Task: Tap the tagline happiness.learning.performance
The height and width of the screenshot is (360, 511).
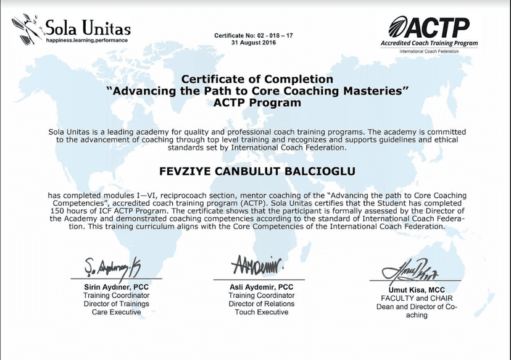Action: (86, 40)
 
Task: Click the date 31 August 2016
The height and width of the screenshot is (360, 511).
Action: (254, 44)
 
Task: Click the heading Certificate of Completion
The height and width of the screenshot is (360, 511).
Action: (257, 80)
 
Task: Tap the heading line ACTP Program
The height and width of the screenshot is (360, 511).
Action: (257, 103)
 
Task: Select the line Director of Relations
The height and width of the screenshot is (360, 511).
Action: (262, 304)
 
